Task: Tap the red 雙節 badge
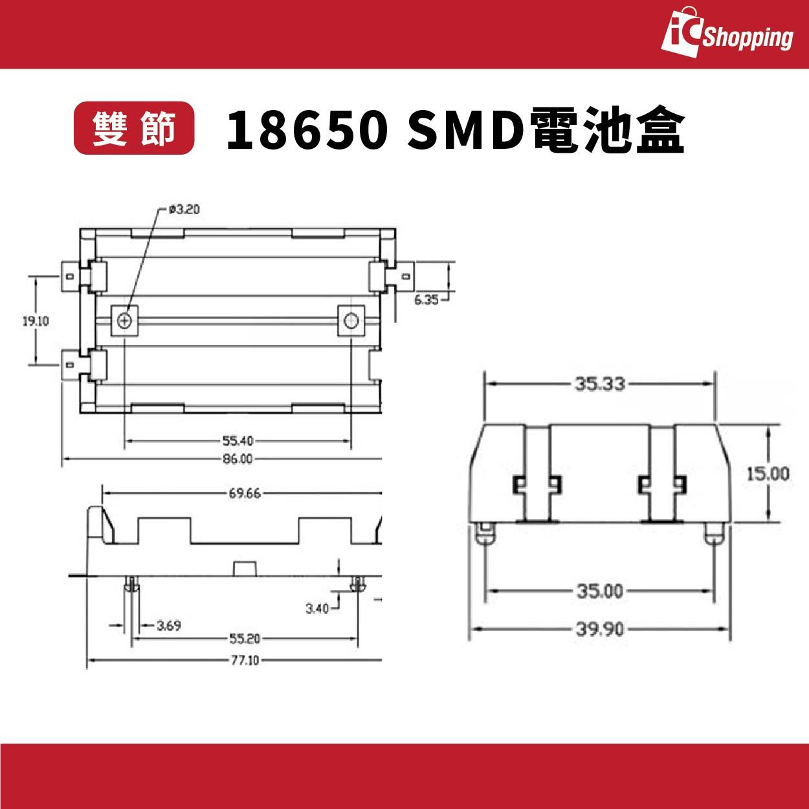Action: click(x=134, y=128)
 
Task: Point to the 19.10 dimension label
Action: click(x=36, y=320)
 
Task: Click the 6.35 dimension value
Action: click(x=427, y=300)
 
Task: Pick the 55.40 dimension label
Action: click(x=238, y=441)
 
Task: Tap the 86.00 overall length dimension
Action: click(x=238, y=459)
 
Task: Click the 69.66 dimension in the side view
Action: click(x=244, y=493)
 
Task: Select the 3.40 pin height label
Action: click(x=317, y=608)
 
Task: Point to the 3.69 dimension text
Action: click(x=169, y=625)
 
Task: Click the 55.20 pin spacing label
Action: click(x=244, y=639)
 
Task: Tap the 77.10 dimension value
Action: click(x=244, y=660)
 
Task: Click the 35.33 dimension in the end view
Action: click(x=599, y=384)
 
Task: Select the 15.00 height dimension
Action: click(x=768, y=474)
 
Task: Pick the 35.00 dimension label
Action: click(x=599, y=591)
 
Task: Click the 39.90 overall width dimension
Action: click(x=599, y=629)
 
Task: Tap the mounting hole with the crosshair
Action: click(x=126, y=320)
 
